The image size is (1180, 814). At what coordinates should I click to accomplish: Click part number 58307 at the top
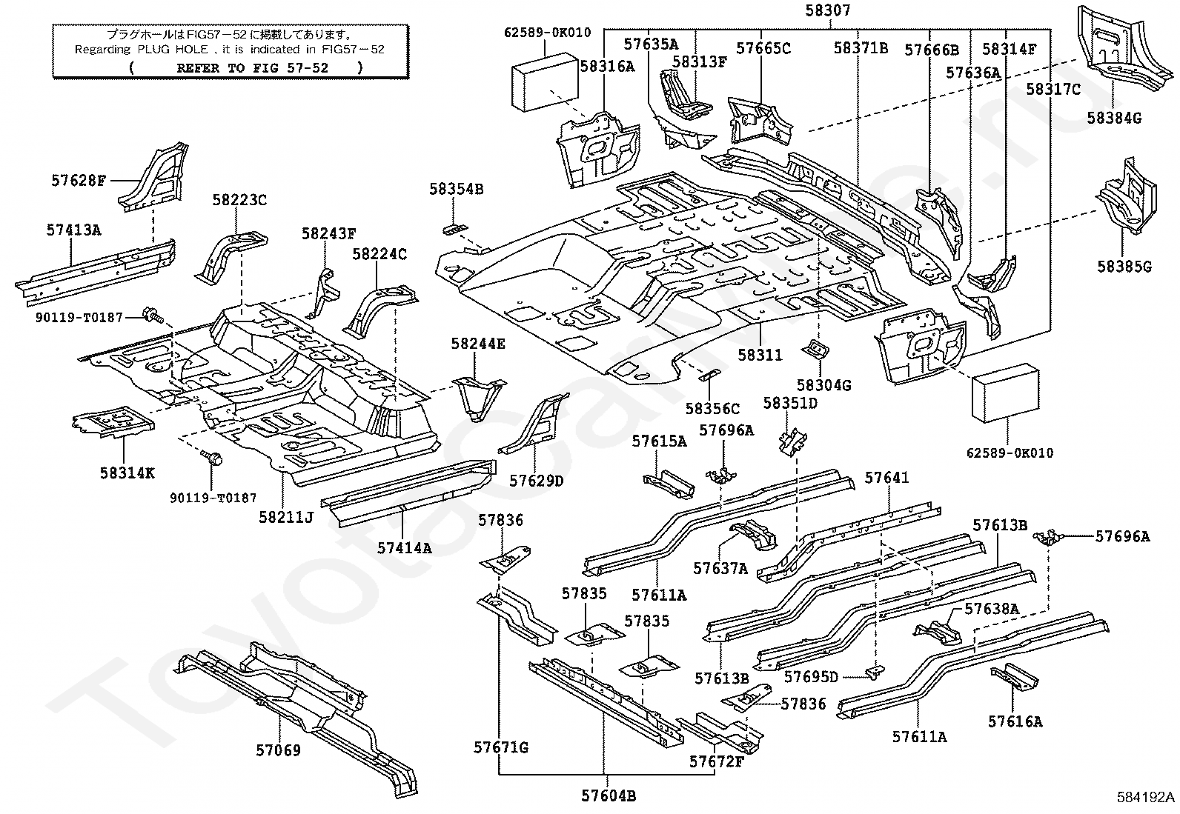pos(828,10)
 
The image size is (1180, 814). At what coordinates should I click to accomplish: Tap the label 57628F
pos(79,181)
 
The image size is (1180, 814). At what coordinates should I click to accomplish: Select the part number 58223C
pos(239,200)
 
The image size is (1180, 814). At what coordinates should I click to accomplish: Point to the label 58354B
pos(456,189)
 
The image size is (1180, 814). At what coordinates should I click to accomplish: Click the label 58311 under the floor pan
pos(760,355)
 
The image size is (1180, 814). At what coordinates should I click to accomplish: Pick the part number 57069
pos(278,750)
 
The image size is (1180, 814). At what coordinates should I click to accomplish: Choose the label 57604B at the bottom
pos(609,795)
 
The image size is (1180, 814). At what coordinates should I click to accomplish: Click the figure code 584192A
pos(1146,798)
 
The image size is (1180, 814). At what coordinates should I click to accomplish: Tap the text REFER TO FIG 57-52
pos(252,68)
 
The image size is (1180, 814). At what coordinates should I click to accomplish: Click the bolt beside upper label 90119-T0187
pos(153,316)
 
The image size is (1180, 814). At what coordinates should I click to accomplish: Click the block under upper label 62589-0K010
pos(545,81)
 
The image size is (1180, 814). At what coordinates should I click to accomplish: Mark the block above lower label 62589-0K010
pos(1006,393)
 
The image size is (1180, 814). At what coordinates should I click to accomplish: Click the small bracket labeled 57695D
pos(875,673)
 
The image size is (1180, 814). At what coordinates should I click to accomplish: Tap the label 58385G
pos(1124,267)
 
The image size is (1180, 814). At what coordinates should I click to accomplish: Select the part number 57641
pos(886,478)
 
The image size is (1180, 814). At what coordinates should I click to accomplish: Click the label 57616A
pos(1015,721)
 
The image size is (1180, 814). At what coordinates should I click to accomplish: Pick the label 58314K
pos(127,473)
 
